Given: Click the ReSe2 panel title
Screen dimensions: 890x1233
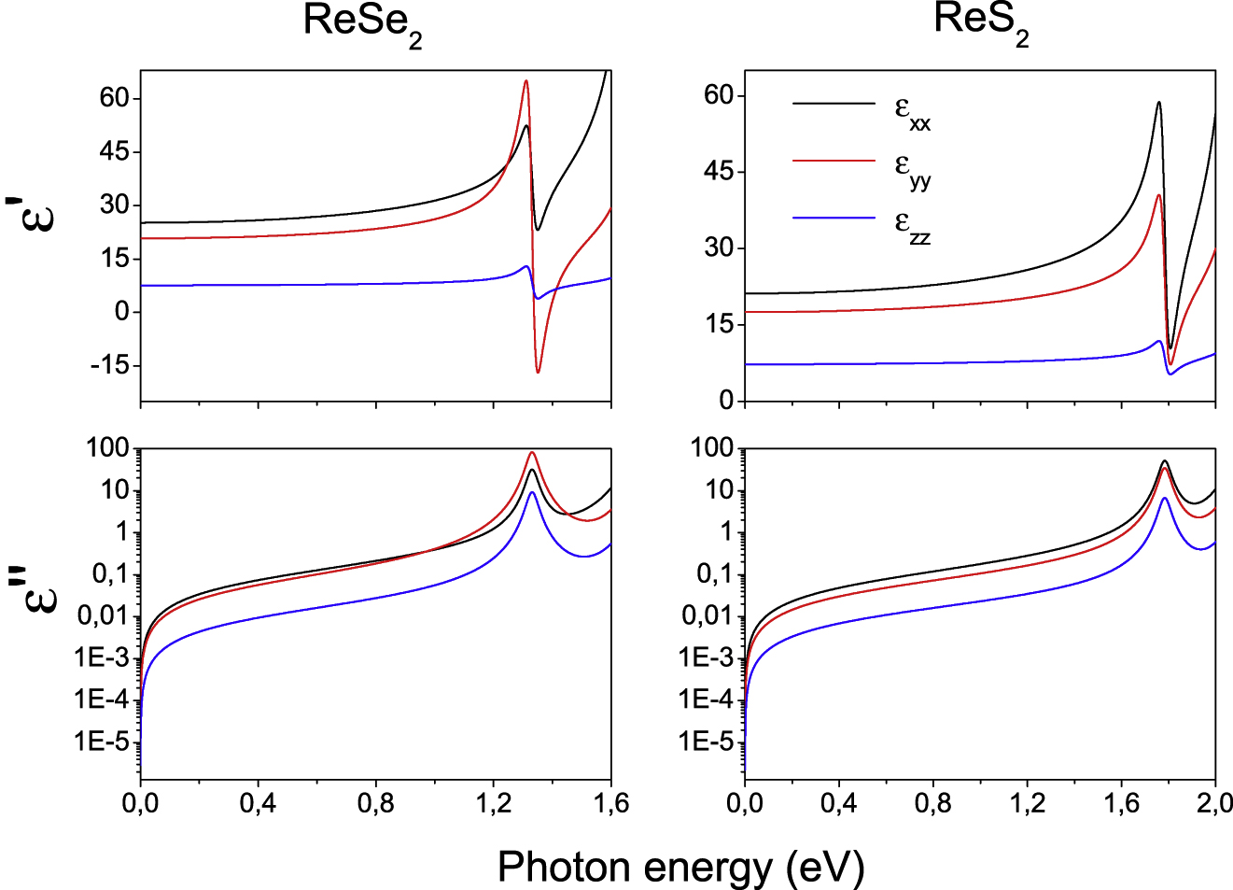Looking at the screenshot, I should coord(362,24).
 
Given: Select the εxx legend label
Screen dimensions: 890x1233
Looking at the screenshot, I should coord(912,112).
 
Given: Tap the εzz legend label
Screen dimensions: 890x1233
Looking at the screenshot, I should coord(912,226).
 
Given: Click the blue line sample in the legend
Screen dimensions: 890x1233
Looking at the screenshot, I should coord(834,218).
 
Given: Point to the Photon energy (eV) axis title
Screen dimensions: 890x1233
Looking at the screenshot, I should coord(680,867).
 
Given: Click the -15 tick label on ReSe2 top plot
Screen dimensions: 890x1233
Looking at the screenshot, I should coord(109,365).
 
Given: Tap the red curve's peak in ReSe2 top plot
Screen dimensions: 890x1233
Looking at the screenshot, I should coord(526,81).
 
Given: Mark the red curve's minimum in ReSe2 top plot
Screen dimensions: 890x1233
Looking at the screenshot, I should coord(538,372).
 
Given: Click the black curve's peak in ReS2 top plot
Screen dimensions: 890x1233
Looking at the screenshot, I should coord(1158,103).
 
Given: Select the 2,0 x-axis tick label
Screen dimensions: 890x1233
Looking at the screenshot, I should coord(1213,803).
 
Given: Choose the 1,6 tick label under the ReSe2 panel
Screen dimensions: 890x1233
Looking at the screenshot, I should coord(610,803).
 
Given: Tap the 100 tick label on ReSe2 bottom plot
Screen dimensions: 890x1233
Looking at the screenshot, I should coord(105,448).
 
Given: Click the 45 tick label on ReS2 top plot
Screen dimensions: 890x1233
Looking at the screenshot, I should coord(722,172).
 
